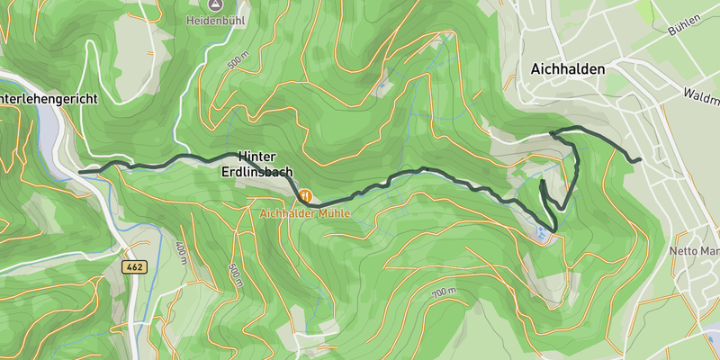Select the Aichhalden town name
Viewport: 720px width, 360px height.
click(x=567, y=68)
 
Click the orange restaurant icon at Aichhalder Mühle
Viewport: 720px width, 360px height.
click(x=305, y=195)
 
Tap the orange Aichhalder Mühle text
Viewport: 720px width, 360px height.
click(x=304, y=213)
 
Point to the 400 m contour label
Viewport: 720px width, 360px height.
click(x=182, y=253)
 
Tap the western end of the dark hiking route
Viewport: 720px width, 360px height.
click(x=81, y=171)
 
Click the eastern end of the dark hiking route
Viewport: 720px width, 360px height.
click(x=639, y=159)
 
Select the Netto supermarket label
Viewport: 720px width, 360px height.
click(x=696, y=250)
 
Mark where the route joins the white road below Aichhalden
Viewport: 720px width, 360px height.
click(x=551, y=133)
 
